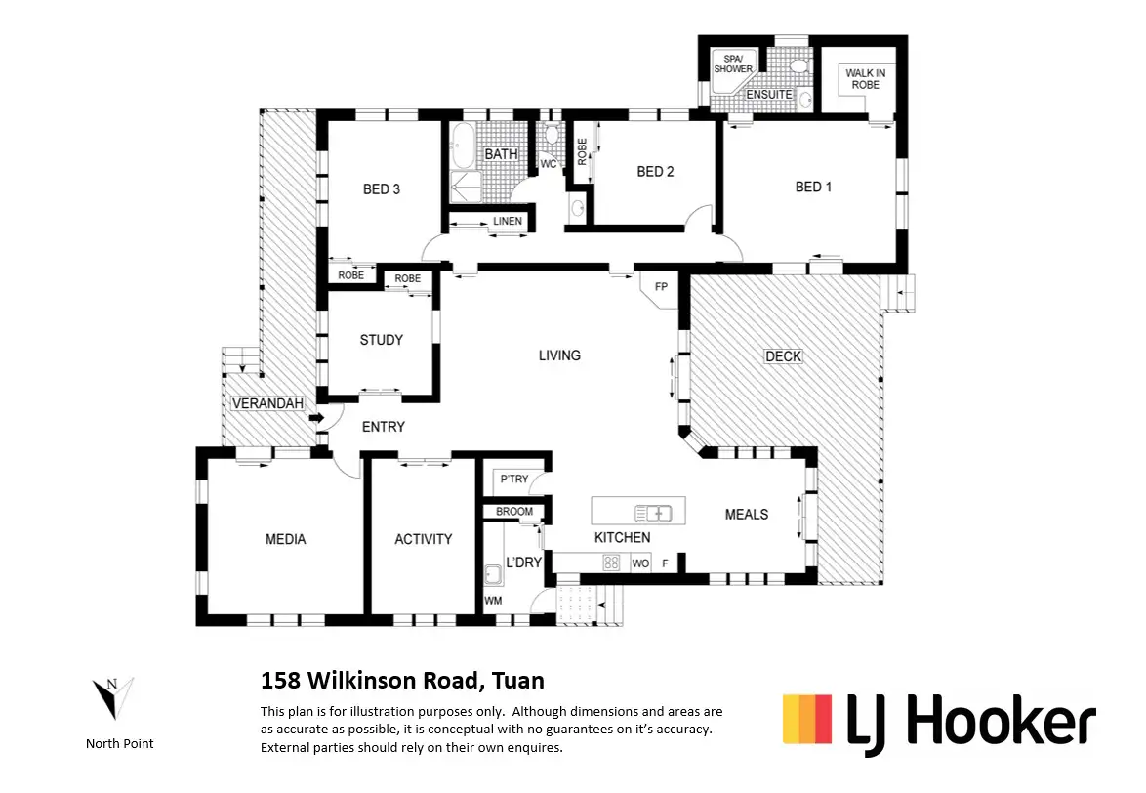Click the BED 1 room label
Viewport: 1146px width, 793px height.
pos(813,187)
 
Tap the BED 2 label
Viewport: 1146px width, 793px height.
pos(655,172)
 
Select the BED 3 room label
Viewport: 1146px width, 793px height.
pos(382,189)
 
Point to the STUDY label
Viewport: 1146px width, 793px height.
pos(381,340)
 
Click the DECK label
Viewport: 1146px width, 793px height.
pos(783,356)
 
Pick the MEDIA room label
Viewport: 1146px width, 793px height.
pos(285,539)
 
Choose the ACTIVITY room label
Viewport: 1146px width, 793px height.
pos(423,539)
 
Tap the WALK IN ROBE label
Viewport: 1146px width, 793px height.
pos(865,79)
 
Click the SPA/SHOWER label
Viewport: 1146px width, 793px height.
pos(732,63)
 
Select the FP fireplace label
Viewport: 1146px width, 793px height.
pos(661,288)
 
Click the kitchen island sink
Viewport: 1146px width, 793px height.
pos(653,512)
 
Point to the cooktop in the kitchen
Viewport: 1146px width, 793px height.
pos(612,562)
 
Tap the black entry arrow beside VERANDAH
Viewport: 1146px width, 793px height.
pos(317,419)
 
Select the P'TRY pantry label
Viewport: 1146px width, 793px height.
pos(513,480)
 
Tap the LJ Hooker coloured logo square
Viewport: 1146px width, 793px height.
pos(807,719)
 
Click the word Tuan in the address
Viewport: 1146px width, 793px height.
pos(518,681)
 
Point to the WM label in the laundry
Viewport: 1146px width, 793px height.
pos(493,601)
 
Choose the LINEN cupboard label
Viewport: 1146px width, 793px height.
pos(507,222)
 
